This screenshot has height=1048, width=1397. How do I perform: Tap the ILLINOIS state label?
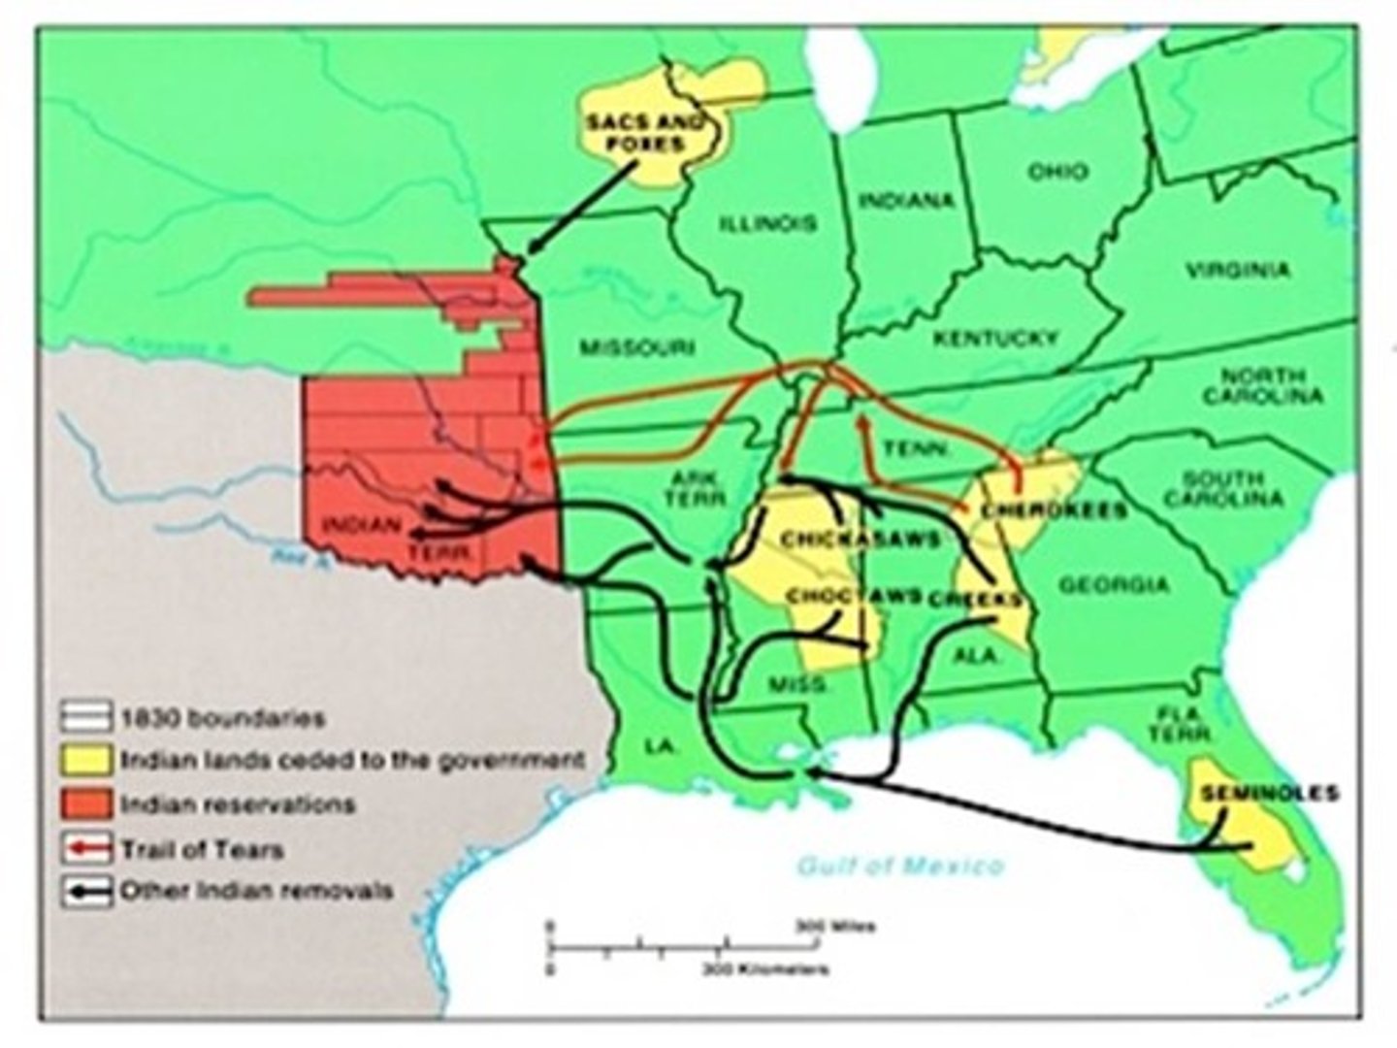[x=768, y=223]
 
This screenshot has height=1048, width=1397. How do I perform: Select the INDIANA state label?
[x=907, y=201]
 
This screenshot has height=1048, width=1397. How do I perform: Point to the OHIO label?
[x=1057, y=172]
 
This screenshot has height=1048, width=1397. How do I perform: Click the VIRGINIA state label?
[x=1238, y=270]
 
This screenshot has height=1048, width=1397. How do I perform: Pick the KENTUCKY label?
[x=995, y=338]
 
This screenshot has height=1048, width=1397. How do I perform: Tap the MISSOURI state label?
[x=637, y=347]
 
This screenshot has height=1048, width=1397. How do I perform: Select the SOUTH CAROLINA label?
[x=1223, y=488]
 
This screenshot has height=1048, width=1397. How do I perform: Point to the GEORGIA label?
[x=1114, y=585]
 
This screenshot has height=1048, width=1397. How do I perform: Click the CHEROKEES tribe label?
[x=1054, y=510]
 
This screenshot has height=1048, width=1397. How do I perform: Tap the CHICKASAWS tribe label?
[x=861, y=540]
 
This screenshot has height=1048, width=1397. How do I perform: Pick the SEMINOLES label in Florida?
[x=1269, y=793]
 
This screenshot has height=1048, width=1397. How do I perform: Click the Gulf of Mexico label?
[x=900, y=865]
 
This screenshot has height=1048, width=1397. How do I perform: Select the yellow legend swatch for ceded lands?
[x=86, y=760]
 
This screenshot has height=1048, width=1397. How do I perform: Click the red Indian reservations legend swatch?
[x=86, y=804]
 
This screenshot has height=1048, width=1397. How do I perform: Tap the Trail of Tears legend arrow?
[x=86, y=849]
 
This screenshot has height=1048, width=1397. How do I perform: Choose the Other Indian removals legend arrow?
[x=86, y=891]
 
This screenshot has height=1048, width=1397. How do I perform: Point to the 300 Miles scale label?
[x=835, y=927]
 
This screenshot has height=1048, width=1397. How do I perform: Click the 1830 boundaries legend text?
[x=222, y=719]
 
